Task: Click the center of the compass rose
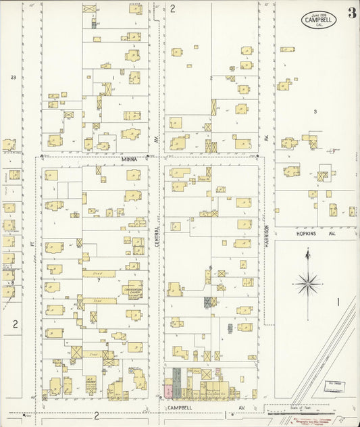coord(307,282)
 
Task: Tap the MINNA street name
coord(128,159)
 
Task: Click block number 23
coord(13,78)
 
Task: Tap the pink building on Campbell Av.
coord(168,391)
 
